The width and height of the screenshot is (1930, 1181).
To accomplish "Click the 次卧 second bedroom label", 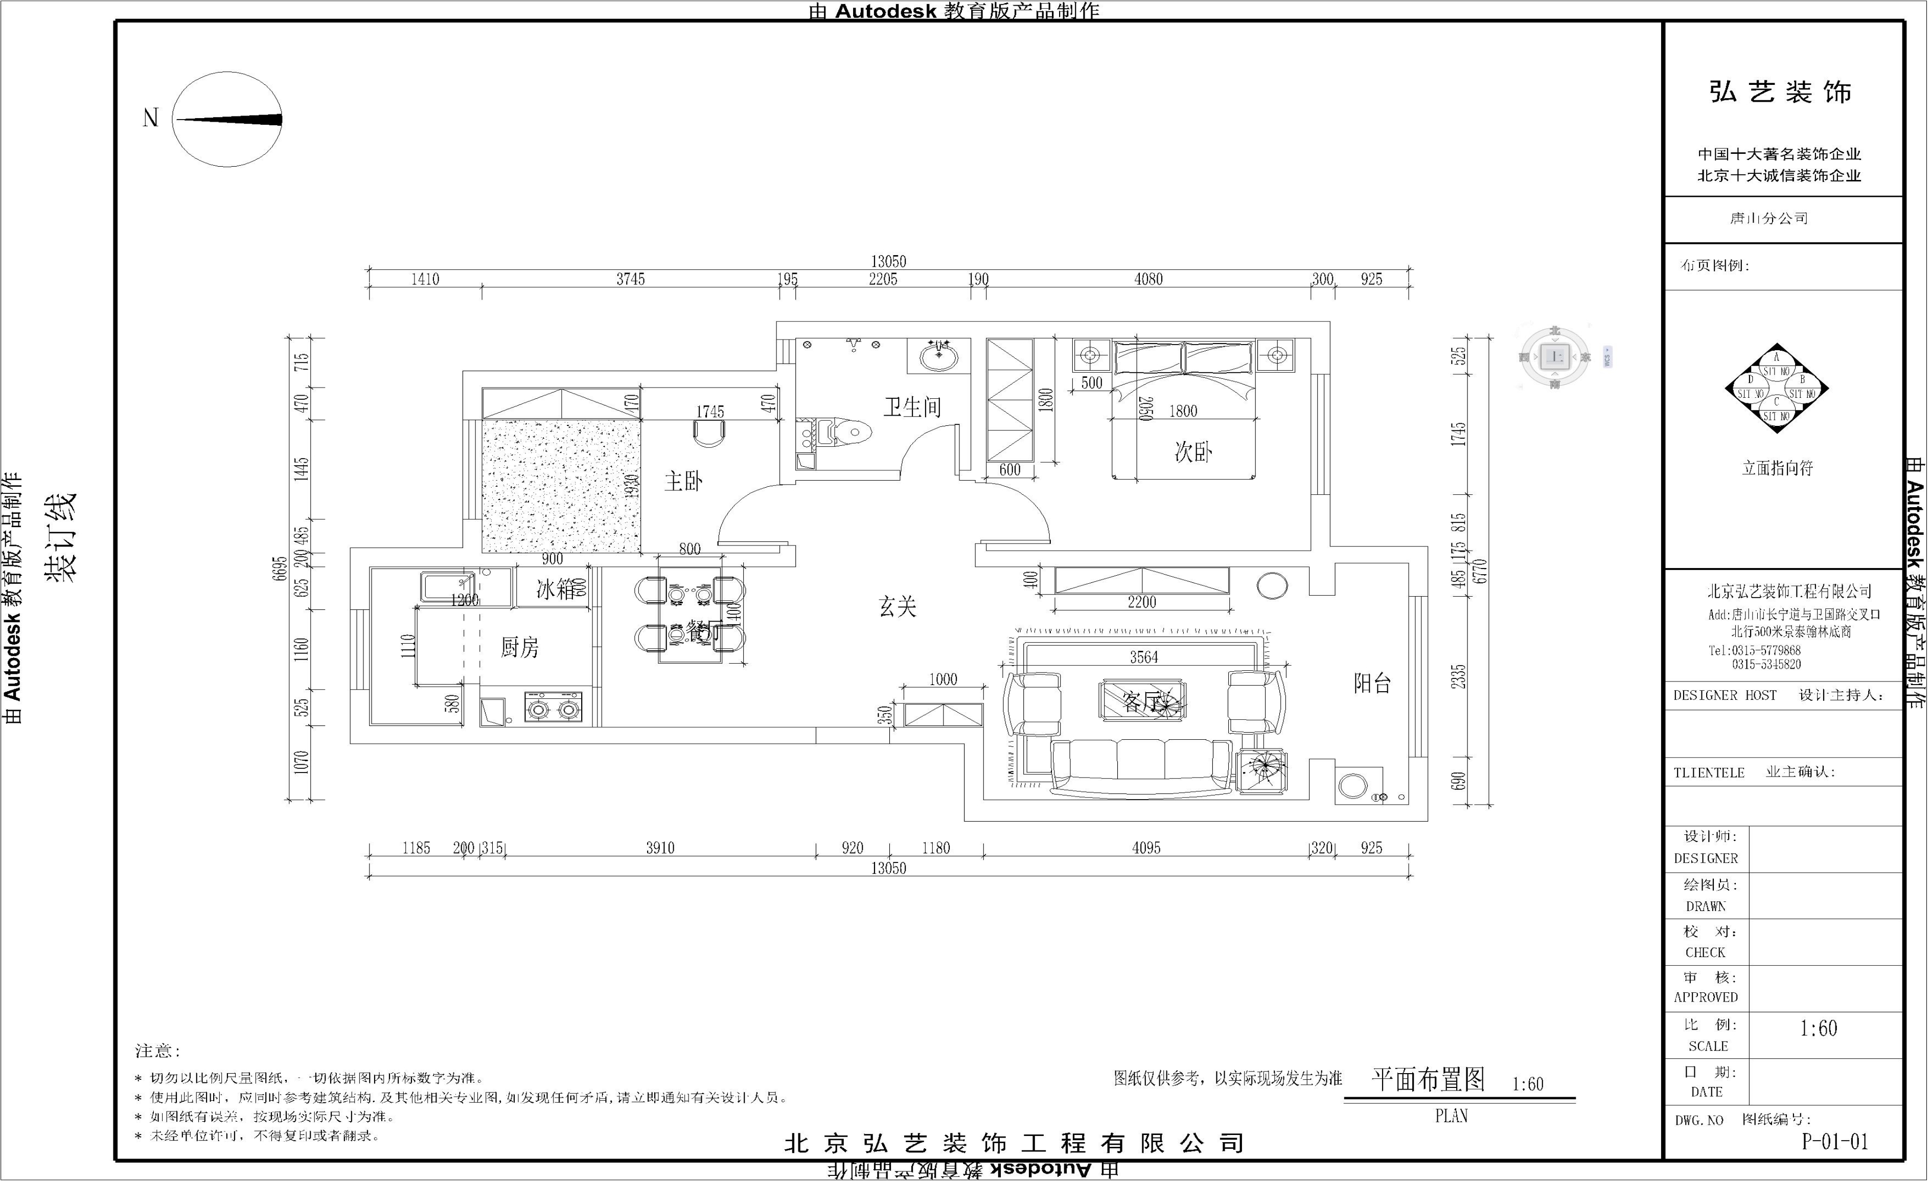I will (1193, 452).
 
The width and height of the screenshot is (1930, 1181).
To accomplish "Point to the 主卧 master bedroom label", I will (683, 481).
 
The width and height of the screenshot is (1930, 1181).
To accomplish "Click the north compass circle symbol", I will (227, 119).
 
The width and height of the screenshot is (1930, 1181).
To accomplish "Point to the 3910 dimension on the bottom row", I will (659, 848).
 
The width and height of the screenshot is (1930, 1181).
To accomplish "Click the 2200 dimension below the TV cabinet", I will (1141, 602).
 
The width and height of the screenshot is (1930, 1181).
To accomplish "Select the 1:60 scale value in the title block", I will (1818, 1028).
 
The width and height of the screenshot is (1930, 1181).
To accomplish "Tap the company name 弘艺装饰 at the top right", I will (1780, 93).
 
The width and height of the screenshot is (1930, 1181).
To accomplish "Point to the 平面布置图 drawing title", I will (1428, 1080).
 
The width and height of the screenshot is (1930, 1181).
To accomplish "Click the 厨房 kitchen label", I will (519, 647).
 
